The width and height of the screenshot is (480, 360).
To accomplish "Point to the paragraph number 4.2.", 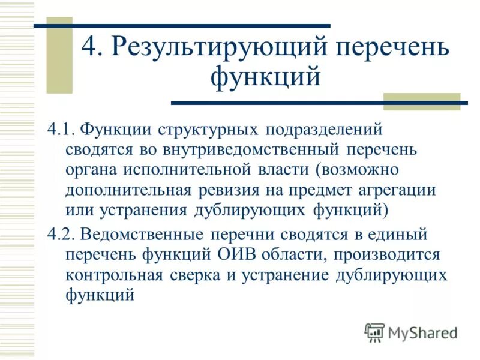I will click(61, 233).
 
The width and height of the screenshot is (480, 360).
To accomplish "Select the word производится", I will click(385, 254).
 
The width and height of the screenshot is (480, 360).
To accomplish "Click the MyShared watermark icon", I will click(374, 331).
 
